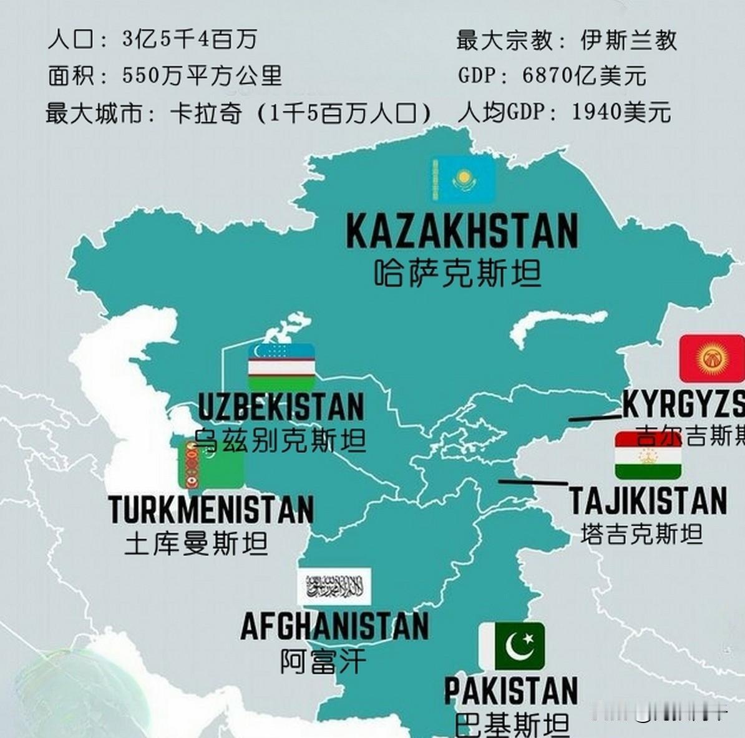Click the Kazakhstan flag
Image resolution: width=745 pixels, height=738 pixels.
(464, 180)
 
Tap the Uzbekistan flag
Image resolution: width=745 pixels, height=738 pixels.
(281, 367)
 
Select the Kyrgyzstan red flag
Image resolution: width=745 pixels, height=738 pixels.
(711, 358)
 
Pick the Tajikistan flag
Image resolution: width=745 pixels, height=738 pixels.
(648, 455)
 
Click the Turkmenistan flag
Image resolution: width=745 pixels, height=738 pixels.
(211, 464)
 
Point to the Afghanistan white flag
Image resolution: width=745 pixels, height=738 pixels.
(334, 586)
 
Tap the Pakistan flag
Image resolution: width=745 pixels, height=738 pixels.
(512, 646)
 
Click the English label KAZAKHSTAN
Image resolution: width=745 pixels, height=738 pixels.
(462, 231)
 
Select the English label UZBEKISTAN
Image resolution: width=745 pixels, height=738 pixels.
(281, 407)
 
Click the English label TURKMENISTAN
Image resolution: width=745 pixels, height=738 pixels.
(211, 510)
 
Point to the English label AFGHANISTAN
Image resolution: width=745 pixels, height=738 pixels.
(335, 626)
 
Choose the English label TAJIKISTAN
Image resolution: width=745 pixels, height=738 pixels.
(648, 501)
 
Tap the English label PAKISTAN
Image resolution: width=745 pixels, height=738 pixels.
(511, 691)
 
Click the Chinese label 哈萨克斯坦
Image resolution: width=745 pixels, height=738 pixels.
(457, 273)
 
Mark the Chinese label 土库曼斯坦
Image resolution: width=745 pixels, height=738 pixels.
(197, 543)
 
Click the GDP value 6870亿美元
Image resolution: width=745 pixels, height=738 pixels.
(584, 76)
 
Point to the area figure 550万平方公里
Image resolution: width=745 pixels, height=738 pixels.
(202, 76)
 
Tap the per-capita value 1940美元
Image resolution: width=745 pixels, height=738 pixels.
(621, 112)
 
